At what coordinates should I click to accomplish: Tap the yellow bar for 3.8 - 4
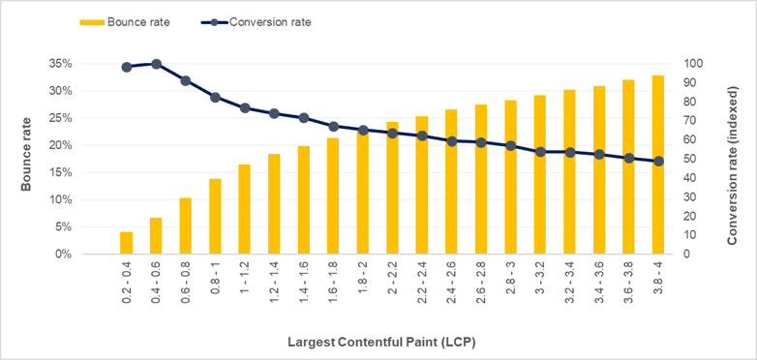point(658,165)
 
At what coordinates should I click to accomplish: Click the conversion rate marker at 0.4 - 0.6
point(156,64)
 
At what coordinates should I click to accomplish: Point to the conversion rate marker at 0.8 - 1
point(215,97)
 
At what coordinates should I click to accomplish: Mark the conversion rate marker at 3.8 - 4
point(658,162)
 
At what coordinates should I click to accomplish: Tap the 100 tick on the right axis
point(695,64)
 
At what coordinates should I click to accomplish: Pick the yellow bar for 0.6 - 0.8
point(185,225)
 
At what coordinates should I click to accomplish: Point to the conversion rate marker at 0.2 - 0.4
point(126,67)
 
